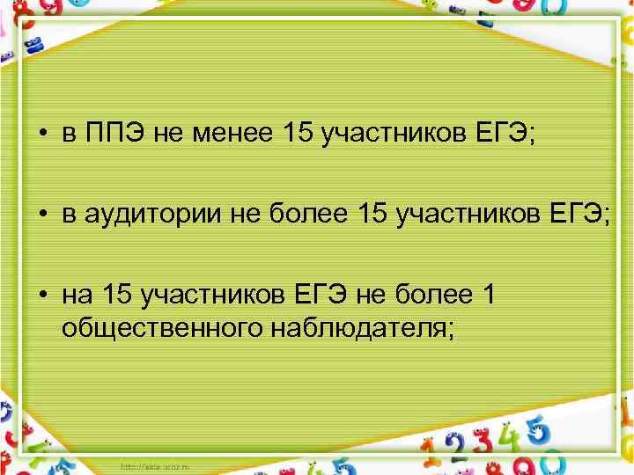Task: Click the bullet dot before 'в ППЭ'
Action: pyautogui.click(x=42, y=135)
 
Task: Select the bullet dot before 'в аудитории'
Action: pyautogui.click(x=42, y=215)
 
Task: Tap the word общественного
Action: pyautogui.click(x=162, y=328)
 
